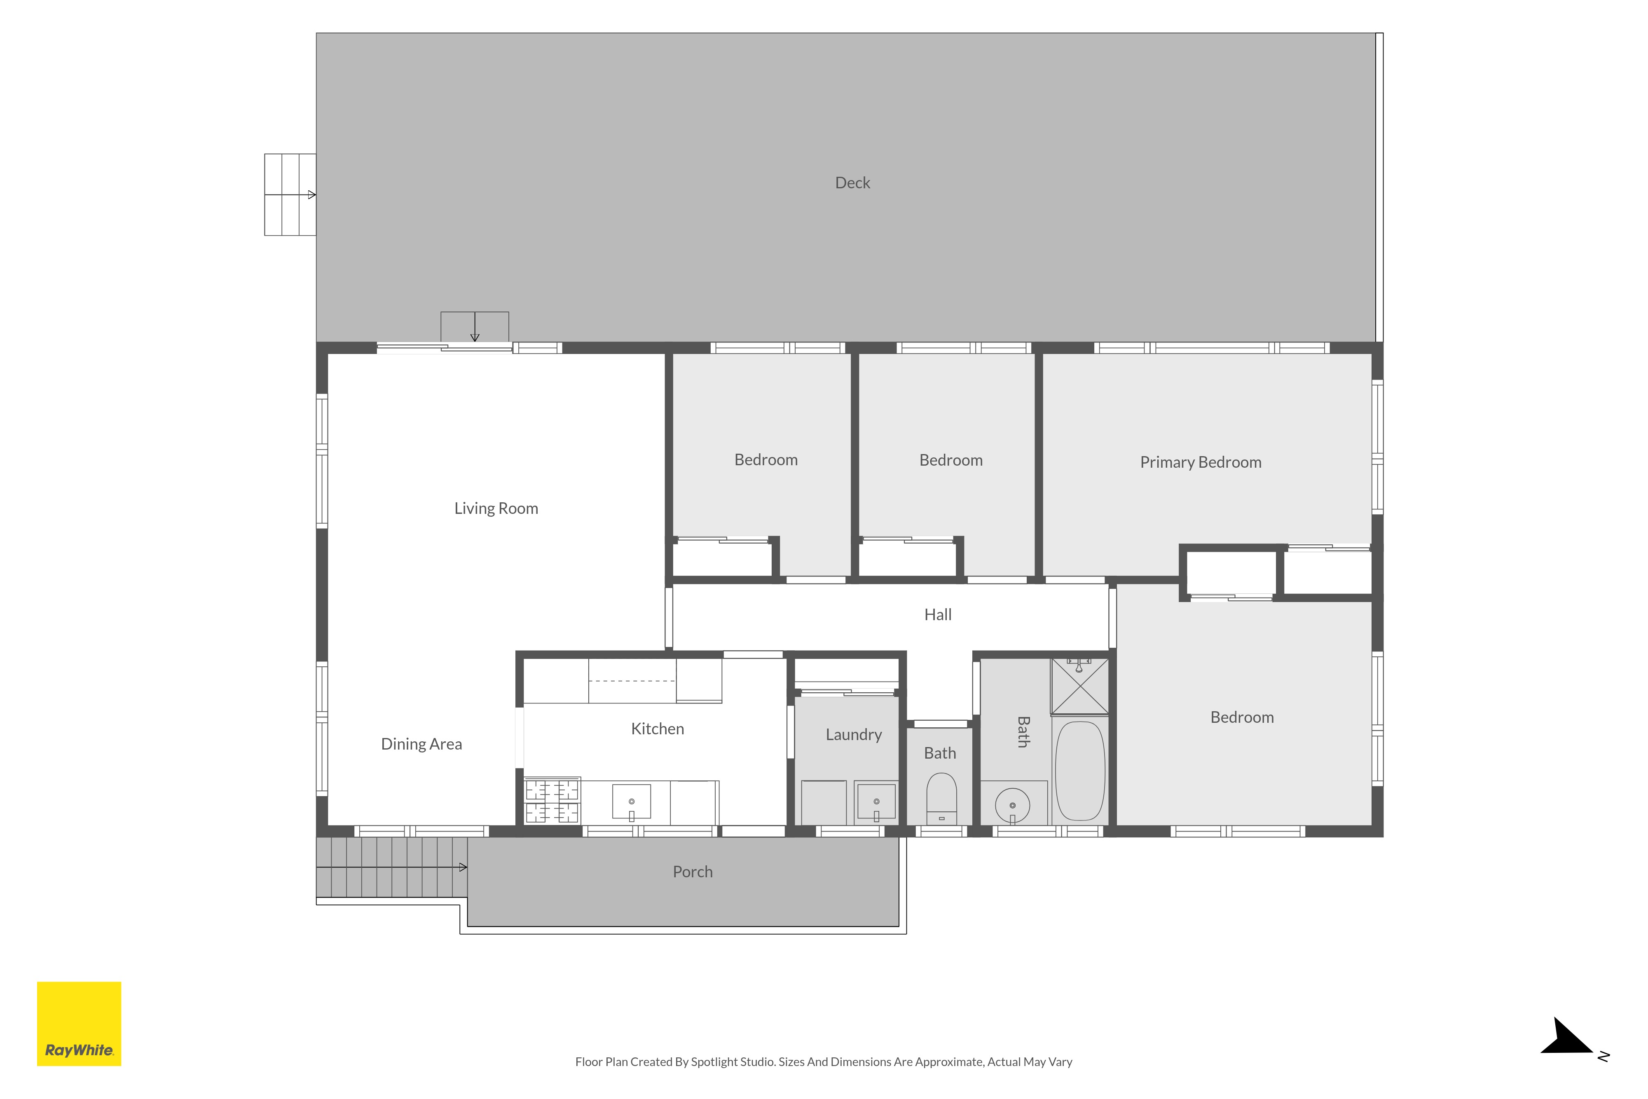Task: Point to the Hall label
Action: pyautogui.click(x=938, y=615)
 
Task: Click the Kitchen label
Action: pyautogui.click(x=657, y=729)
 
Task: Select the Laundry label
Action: pyautogui.click(x=853, y=735)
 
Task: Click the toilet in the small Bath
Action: pyautogui.click(x=941, y=798)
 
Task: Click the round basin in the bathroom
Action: pyautogui.click(x=1012, y=805)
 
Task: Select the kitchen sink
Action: pyautogui.click(x=631, y=802)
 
